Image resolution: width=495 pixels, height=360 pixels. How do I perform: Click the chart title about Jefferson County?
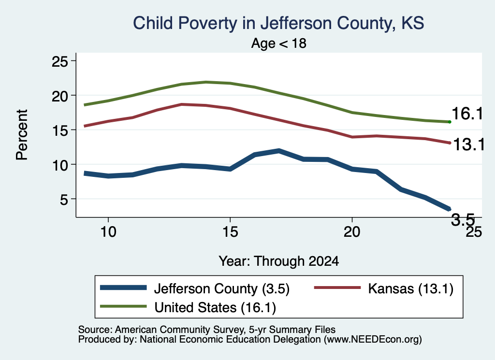[x=278, y=24]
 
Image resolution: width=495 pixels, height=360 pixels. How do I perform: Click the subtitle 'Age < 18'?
[x=279, y=43]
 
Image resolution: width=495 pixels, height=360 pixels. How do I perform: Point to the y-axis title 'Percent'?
[x=22, y=135]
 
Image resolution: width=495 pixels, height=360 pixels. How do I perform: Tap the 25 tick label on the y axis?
[x=59, y=61]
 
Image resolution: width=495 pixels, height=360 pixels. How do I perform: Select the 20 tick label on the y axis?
[x=59, y=96]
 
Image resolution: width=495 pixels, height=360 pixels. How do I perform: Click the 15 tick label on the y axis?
[x=59, y=130]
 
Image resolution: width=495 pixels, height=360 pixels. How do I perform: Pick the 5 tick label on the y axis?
[x=64, y=199]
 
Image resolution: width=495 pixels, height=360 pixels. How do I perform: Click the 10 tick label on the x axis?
[x=108, y=232]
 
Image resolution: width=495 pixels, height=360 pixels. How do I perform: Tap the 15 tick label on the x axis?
[x=230, y=232]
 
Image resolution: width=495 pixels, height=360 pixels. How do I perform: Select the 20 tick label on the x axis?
[x=352, y=232]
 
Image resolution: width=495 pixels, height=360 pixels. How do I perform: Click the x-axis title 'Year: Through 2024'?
[x=279, y=261]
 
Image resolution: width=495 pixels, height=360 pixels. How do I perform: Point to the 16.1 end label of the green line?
[x=467, y=114]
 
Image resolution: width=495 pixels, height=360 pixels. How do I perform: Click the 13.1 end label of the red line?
[x=468, y=145]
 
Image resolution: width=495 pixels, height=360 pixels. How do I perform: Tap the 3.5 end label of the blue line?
[x=463, y=219]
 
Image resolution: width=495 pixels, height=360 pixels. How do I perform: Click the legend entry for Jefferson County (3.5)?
[x=195, y=288]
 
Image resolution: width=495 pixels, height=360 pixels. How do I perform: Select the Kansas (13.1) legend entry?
[x=384, y=288]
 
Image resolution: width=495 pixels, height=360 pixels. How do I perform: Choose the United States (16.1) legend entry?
[x=188, y=307]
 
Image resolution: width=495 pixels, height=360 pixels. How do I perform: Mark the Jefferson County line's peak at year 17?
[x=279, y=151]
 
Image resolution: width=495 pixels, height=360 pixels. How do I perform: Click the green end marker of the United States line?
[x=450, y=122]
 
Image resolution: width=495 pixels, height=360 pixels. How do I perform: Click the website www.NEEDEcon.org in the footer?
[x=373, y=340]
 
